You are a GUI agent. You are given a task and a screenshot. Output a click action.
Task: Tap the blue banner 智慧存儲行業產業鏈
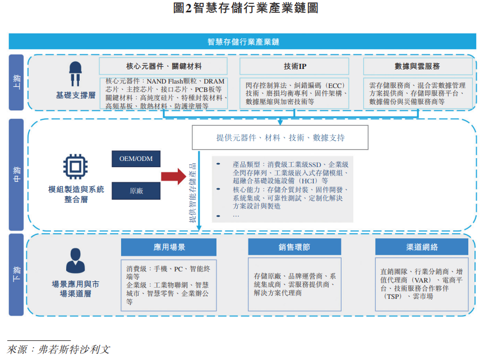pos(242,41)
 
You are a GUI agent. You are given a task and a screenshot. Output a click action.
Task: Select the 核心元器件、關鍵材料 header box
pos(163,66)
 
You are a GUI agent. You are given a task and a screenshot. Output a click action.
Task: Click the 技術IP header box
pos(294,66)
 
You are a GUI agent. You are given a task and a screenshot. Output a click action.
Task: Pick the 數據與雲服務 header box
pos(417,66)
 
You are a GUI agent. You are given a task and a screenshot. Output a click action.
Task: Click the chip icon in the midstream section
pos(76,166)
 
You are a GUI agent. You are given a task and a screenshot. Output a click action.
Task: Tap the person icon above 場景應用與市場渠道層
pos(75,260)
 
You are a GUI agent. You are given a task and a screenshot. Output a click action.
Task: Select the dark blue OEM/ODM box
pos(136,159)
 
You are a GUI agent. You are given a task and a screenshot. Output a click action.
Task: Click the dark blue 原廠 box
pos(136,191)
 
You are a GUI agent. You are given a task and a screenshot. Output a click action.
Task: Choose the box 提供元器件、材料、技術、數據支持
pos(280,137)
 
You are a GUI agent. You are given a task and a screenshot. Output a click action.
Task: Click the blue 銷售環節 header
pos(294,247)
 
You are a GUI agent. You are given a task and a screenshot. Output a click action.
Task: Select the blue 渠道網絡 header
pos(422,247)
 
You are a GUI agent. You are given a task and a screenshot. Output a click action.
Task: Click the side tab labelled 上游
pos(16,82)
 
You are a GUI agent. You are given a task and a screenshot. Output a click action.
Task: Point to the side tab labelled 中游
pos(16,174)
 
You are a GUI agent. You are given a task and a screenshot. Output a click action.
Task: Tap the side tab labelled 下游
pos(16,275)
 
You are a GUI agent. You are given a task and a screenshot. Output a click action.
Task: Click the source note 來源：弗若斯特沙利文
pos(58,349)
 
